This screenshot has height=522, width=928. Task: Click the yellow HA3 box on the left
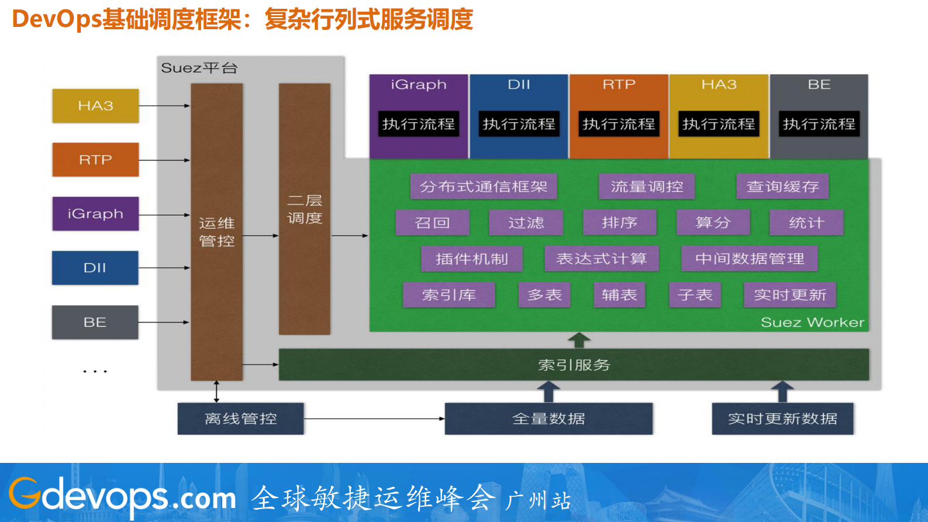click(x=95, y=106)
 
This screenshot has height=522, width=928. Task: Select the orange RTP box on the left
click(x=95, y=160)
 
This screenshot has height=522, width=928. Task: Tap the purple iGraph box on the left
click(x=95, y=214)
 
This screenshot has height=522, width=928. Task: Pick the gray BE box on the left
click(x=95, y=322)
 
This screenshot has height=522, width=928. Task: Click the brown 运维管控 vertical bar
click(x=216, y=232)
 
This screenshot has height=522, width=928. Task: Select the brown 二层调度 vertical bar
click(x=304, y=209)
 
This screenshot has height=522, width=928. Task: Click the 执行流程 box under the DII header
click(x=519, y=124)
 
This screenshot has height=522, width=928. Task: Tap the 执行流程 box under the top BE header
click(x=819, y=124)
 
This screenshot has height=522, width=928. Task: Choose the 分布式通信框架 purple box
click(x=484, y=187)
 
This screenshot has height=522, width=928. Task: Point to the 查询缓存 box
click(x=782, y=187)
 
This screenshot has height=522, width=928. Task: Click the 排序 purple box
click(x=619, y=223)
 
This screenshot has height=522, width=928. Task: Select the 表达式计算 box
click(x=602, y=259)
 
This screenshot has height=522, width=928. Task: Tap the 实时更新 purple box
click(x=789, y=295)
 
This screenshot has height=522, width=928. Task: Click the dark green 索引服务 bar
click(x=574, y=365)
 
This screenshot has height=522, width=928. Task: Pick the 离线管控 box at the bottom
click(x=240, y=418)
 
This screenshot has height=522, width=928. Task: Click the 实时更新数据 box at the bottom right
click(x=782, y=418)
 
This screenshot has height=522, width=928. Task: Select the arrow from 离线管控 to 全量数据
click(x=374, y=418)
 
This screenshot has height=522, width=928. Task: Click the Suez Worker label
click(x=812, y=322)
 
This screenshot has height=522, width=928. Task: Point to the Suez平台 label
click(x=199, y=68)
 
